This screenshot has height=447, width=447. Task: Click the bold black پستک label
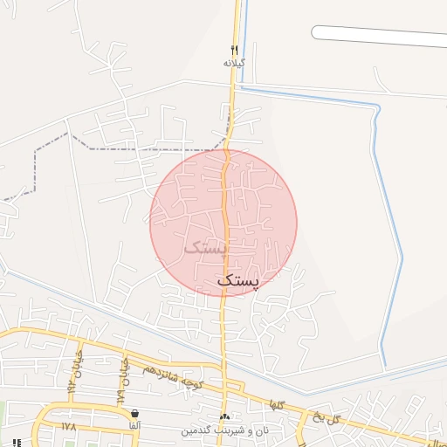tap(237, 280)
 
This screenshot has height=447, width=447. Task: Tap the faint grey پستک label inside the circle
tap(205, 246)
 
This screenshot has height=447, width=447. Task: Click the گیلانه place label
tap(234, 63)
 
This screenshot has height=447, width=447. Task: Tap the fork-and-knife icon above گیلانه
tap(234, 49)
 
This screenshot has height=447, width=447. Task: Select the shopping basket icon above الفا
tap(134, 413)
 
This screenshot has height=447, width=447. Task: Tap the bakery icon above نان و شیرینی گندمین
tap(225, 417)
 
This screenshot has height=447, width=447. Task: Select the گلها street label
tap(278, 403)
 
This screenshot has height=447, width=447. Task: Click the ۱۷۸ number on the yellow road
tap(70, 426)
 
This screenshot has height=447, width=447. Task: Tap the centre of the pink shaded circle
tap(223, 223)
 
